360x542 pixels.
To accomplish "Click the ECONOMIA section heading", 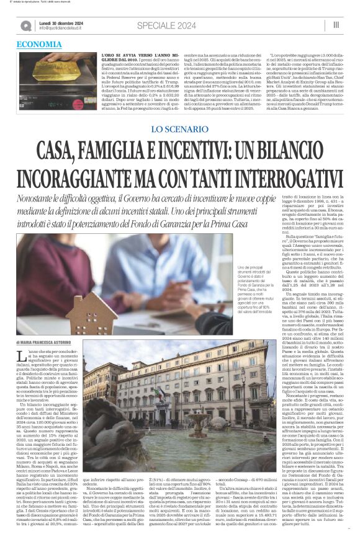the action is pyautogui.click(x=39, y=45).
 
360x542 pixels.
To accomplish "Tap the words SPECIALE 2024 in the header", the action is pyautogui.click(x=162, y=24).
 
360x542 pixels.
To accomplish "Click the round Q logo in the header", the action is pyautogui.click(x=26, y=25).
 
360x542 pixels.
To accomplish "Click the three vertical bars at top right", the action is pyautogui.click(x=336, y=24).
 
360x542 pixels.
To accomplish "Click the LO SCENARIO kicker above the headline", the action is pyautogui.click(x=179, y=129).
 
